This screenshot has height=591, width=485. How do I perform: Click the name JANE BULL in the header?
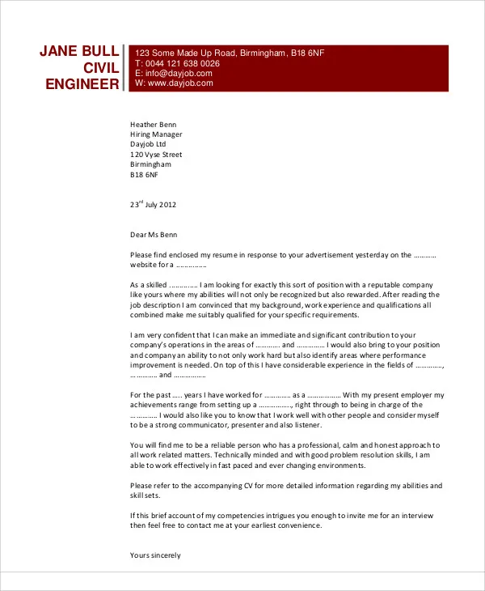coord(79,52)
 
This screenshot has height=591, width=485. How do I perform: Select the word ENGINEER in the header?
coord(82,84)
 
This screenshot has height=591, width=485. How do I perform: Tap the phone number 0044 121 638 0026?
coord(182,63)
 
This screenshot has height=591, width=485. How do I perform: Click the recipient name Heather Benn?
coord(153,125)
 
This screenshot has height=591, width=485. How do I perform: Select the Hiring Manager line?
coord(156,134)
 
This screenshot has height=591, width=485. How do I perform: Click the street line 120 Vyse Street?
coord(156,155)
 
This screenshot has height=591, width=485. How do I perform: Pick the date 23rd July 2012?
coord(153,205)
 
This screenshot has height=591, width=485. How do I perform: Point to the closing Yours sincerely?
coord(155,555)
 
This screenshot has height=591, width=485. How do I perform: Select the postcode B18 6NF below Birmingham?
coord(145,174)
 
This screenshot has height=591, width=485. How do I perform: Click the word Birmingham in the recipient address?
coord(150,164)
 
